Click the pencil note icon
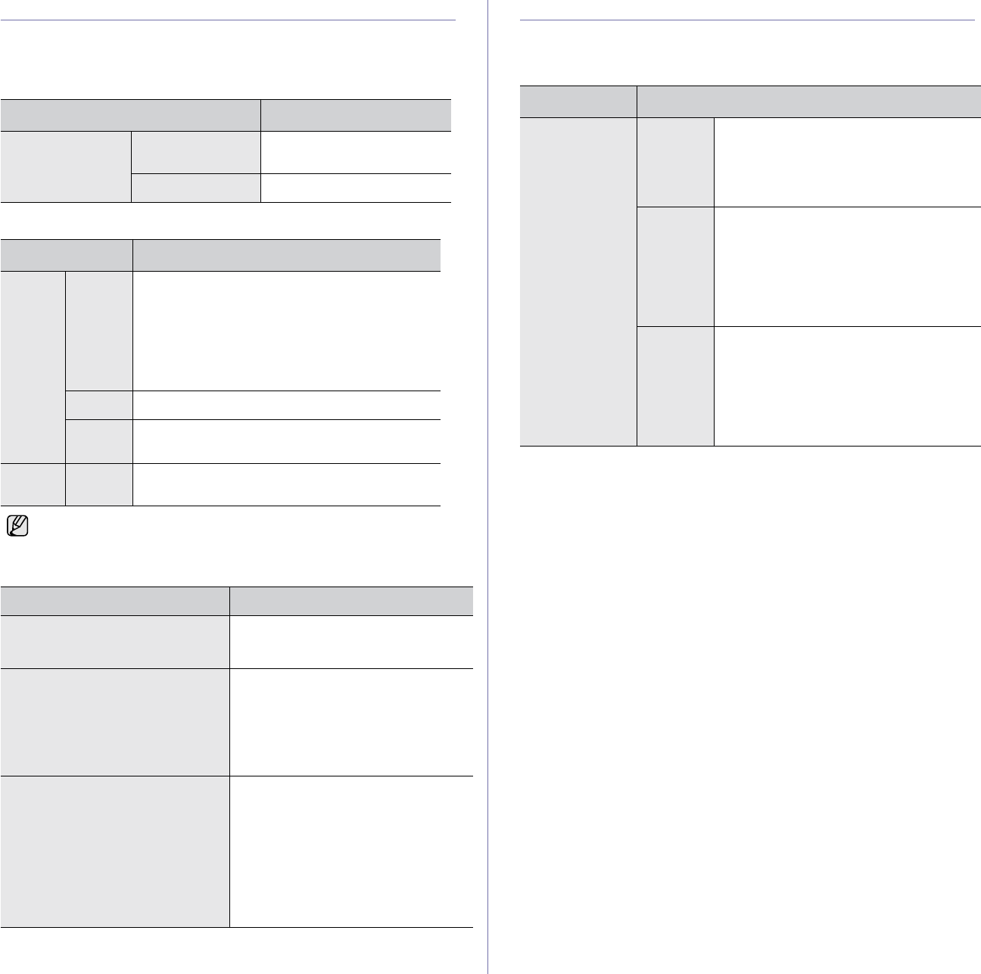16,526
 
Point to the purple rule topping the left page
228,20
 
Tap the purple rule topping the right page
748,20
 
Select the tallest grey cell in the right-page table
578,282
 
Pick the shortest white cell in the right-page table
847,162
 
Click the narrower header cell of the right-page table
578,101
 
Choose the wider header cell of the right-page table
808,101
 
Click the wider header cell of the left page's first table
130,114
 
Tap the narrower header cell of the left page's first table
356,114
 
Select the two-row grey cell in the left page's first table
66,166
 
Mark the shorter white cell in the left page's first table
356,188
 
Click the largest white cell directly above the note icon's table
286,331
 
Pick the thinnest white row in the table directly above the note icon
286,405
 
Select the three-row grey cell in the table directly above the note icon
33,367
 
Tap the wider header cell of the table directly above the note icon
286,255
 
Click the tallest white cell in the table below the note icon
351,851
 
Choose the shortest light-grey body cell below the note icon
115,642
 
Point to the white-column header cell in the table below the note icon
351,601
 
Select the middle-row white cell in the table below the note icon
351,722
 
